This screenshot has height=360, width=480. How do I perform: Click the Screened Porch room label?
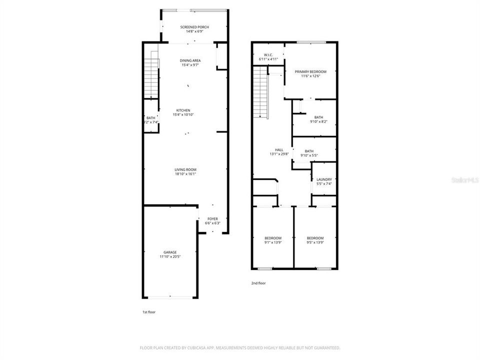point(194,27)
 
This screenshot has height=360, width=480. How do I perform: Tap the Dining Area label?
point(190,60)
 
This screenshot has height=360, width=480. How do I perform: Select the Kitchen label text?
point(183,110)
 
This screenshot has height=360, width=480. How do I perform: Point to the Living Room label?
point(185,169)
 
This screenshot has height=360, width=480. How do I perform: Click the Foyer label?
point(212,218)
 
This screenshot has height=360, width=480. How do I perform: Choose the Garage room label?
point(170,252)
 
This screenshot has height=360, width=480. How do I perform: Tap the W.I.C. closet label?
point(267,55)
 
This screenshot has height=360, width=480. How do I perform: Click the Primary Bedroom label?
point(310,72)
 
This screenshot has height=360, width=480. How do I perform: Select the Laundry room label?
point(324,179)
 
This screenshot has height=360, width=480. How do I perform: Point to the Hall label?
point(279,149)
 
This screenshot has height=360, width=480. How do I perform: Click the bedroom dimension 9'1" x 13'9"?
point(273,242)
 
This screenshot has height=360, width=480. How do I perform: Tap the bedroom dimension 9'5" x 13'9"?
point(315,242)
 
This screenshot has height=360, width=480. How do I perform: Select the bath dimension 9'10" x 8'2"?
point(318,121)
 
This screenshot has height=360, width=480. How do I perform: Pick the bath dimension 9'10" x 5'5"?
point(309,155)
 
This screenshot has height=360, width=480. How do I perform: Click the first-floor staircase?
point(151,77)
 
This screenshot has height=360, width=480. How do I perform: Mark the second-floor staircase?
point(259,93)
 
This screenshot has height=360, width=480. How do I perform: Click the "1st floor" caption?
point(149,312)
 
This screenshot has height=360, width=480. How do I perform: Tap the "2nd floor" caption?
point(258,283)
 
